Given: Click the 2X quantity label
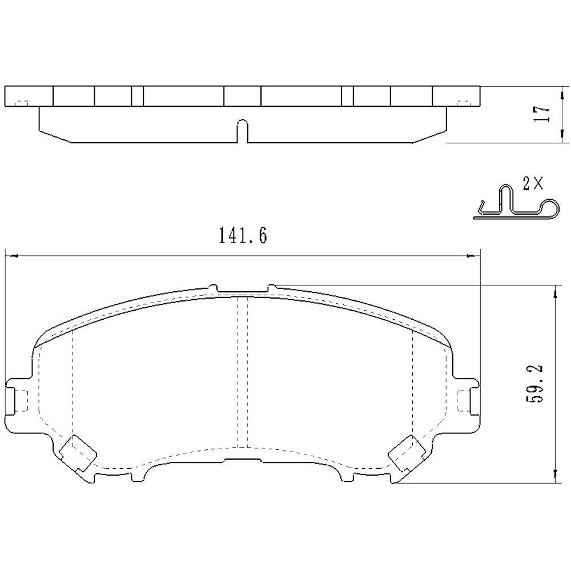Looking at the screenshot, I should pos(532,183).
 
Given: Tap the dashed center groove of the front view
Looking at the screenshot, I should pos(243,371).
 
